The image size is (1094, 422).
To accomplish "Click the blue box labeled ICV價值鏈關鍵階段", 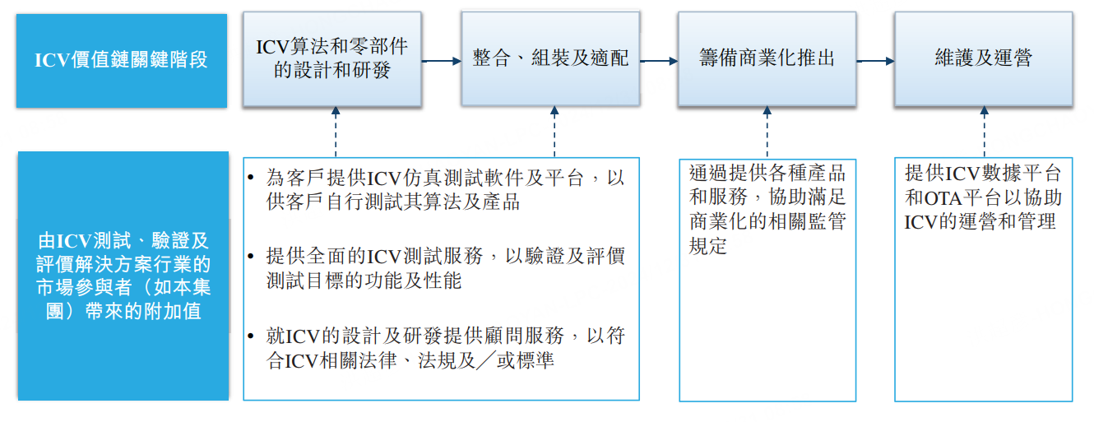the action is [122, 61].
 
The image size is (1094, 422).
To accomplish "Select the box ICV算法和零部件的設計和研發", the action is [332, 58].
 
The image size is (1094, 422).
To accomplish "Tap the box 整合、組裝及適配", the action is [550, 58].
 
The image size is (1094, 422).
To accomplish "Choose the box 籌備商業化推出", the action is [767, 58].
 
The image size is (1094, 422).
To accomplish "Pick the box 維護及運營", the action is [984, 58].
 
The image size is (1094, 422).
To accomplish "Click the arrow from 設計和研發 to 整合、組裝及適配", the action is [442, 61].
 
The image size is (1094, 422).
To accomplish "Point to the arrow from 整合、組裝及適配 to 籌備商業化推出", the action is [659, 61].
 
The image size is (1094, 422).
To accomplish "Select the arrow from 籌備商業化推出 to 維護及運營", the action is [876, 61].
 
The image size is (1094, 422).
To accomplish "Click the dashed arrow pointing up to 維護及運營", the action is [984, 132].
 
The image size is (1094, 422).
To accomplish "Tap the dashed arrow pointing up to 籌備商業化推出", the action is [767, 132].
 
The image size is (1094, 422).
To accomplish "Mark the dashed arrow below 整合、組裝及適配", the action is [554, 132].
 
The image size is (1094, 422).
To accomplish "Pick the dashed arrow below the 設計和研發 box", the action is [336, 132].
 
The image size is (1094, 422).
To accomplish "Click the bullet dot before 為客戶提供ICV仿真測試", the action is [251, 177].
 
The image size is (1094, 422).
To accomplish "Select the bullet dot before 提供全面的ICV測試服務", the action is [251, 256].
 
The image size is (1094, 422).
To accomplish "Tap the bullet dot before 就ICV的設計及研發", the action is [251, 336].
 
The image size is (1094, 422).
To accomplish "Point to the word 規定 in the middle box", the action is [708, 246].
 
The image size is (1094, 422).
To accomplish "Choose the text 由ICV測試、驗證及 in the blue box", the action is [123, 241].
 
